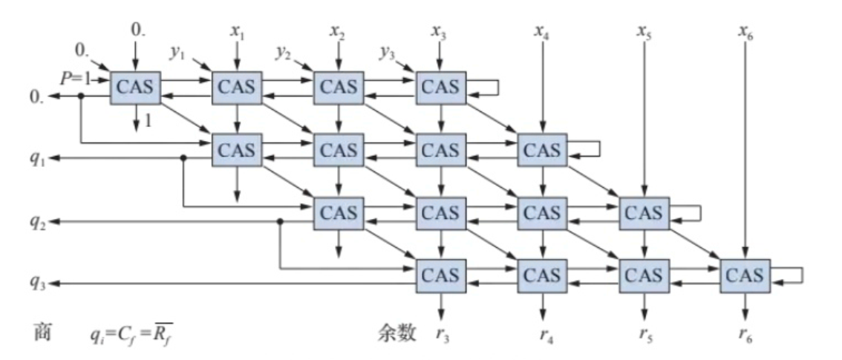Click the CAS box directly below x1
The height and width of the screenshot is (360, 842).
pos(237,88)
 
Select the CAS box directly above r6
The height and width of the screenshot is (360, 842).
pos(745,275)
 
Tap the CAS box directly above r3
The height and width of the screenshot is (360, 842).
pos(441,275)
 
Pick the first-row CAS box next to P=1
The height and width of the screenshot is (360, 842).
pos(135,88)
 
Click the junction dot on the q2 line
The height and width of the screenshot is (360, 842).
pos(280,221)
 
